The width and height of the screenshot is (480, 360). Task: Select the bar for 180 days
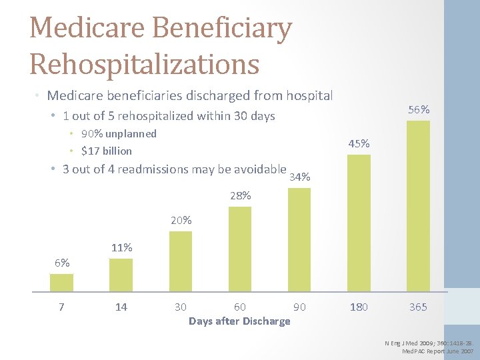(359, 223)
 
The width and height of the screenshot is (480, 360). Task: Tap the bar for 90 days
(299, 240)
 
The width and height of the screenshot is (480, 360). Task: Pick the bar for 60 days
(240, 249)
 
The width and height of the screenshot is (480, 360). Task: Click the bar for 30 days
(181, 261)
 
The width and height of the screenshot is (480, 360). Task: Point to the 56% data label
(419, 110)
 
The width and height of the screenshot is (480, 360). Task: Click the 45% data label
(359, 144)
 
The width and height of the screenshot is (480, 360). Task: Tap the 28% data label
(240, 196)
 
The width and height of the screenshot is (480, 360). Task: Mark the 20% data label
(181, 221)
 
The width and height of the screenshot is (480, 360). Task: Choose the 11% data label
(121, 248)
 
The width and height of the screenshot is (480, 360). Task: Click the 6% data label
(62, 263)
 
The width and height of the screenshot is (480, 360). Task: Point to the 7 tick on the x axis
(61, 307)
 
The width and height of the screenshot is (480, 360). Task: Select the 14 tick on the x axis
(121, 307)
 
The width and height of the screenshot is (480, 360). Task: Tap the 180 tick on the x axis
(359, 307)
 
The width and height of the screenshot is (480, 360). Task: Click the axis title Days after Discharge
(239, 321)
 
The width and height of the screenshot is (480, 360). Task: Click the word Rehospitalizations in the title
(144, 64)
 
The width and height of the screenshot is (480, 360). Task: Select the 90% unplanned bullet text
(119, 134)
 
